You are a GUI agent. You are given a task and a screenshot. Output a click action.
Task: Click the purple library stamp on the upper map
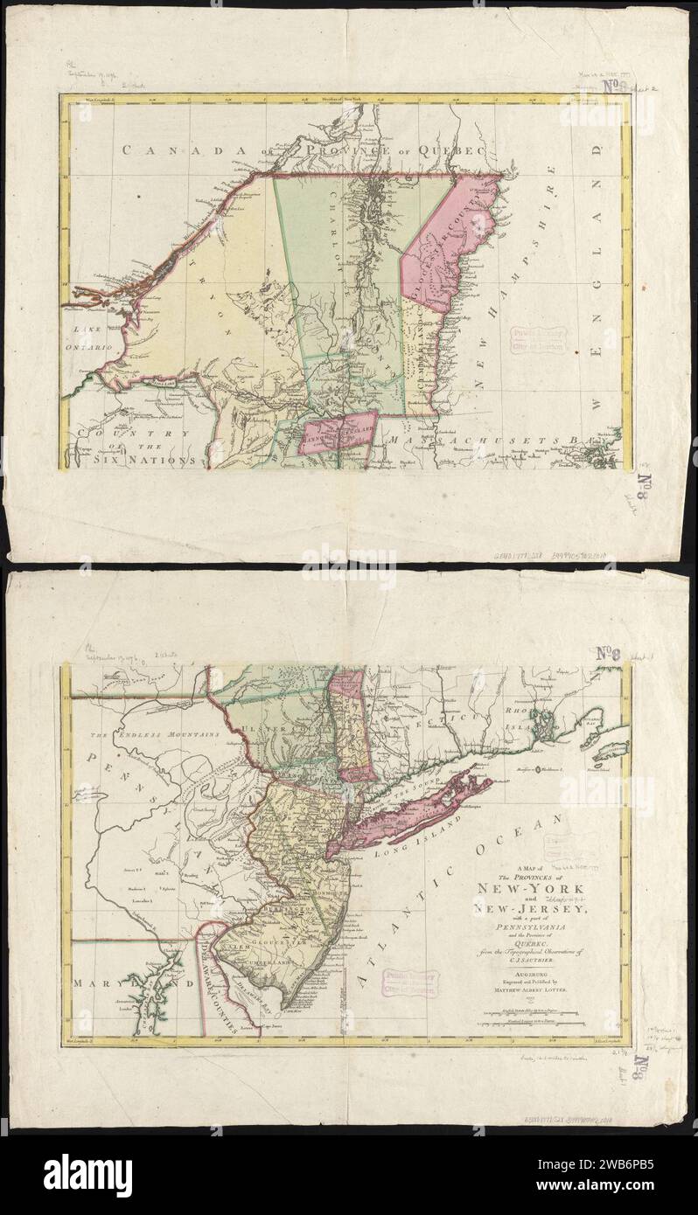pos(534,337)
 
